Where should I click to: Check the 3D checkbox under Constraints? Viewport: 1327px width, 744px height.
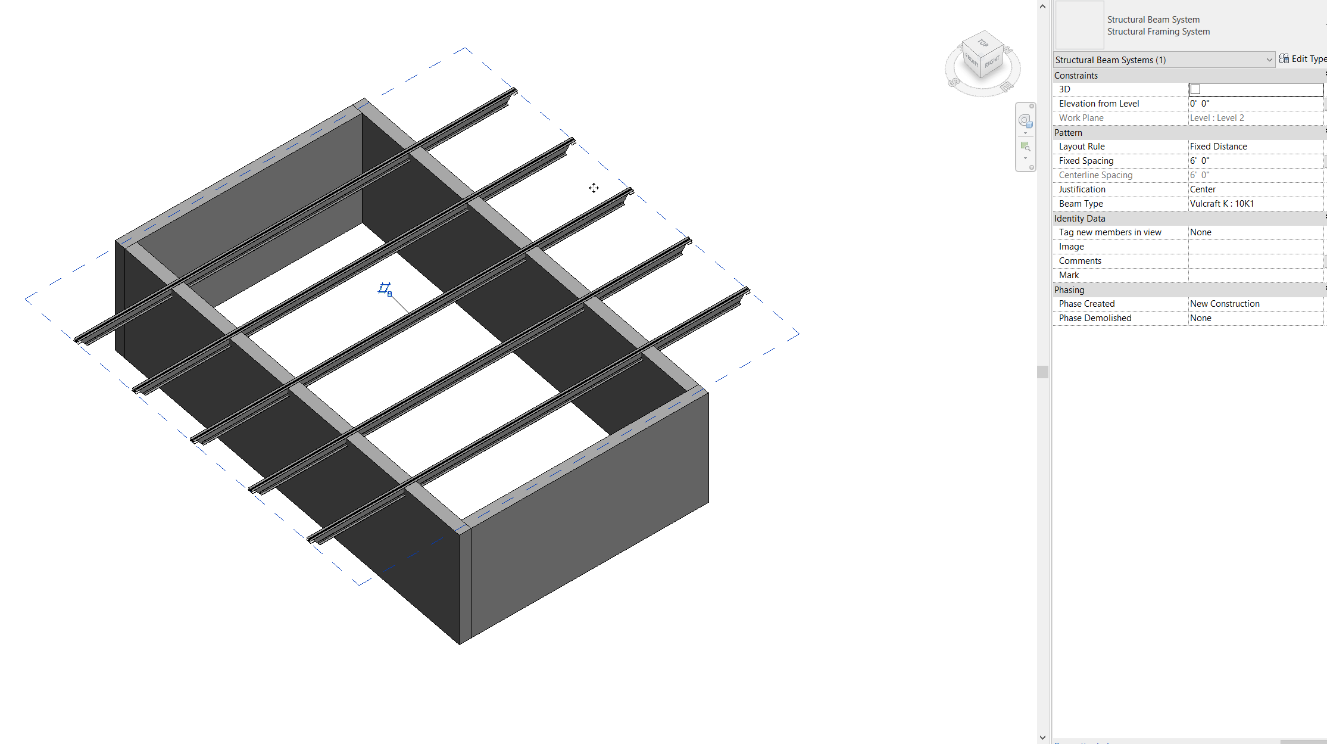[1195, 89]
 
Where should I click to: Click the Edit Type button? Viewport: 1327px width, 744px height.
[1303, 59]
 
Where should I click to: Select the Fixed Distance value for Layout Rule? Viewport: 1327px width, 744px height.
[1219, 147]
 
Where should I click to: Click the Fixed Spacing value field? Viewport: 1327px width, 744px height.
[1250, 161]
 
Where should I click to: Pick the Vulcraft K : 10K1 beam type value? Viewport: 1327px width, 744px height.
[1222, 204]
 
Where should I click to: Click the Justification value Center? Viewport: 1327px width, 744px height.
[1203, 189]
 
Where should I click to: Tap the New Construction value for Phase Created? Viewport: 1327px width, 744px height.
[1225, 304]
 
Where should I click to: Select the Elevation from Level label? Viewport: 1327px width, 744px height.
[1099, 104]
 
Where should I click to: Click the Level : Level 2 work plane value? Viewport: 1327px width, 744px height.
[1217, 118]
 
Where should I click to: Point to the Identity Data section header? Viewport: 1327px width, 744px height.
[1080, 219]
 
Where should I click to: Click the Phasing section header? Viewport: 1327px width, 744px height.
[1070, 290]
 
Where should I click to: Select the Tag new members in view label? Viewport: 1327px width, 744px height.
[1110, 232]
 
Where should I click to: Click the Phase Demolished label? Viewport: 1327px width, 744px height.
[1095, 318]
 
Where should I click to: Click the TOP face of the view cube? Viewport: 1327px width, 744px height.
[983, 43]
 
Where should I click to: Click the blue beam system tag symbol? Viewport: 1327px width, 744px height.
[385, 289]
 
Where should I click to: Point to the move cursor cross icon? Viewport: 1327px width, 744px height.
[594, 188]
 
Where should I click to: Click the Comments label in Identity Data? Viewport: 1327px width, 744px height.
[1081, 261]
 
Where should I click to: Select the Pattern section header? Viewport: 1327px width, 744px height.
[1069, 133]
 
